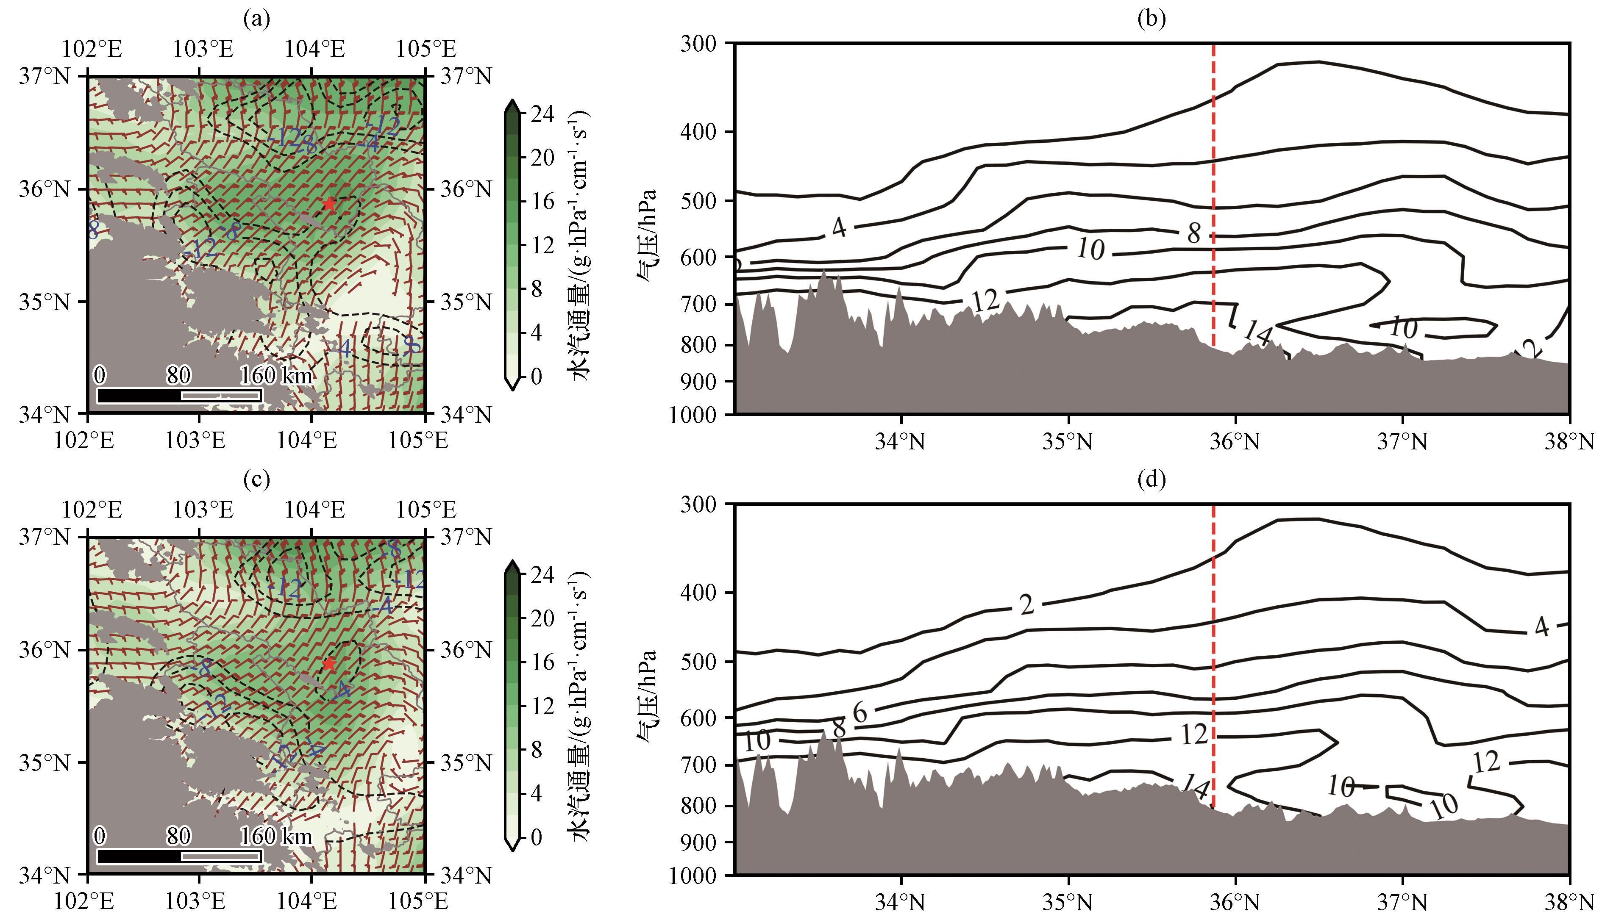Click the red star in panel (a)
point(329,203)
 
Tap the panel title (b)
point(1151,19)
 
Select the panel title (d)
point(1151,480)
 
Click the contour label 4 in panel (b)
point(839,227)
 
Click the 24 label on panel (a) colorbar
point(542,114)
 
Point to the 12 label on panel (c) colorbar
point(542,706)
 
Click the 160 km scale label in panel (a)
point(276,376)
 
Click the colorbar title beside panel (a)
point(580,245)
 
